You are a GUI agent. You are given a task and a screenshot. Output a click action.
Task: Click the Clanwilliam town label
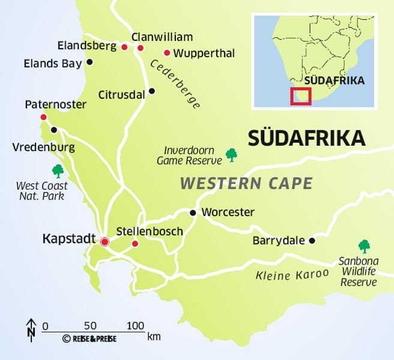point(162,37)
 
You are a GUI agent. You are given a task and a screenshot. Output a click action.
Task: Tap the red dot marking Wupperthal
point(167,53)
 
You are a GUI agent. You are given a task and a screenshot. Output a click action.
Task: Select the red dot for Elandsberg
point(124,47)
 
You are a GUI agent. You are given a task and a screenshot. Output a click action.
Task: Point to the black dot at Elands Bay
point(90,62)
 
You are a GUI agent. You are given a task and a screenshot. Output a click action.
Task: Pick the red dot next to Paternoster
point(43,117)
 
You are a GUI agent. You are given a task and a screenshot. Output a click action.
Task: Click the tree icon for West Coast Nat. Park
point(58,171)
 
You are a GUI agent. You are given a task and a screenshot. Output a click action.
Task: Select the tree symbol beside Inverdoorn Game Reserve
point(231,155)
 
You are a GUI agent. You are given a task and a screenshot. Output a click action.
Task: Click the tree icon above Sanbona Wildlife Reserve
point(364,245)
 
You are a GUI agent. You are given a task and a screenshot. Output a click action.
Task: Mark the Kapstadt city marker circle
point(105,242)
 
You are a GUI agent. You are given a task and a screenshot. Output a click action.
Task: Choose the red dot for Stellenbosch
point(135,244)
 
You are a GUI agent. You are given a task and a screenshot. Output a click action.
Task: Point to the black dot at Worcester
point(193,213)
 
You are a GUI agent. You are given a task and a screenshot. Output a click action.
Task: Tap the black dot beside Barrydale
point(312,241)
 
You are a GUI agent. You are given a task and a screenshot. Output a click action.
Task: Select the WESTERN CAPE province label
point(246,183)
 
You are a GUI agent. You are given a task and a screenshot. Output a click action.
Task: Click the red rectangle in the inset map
point(300,96)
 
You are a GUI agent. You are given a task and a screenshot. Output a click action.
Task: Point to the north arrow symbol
point(31,329)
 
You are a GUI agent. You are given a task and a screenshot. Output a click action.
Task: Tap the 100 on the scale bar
point(136,326)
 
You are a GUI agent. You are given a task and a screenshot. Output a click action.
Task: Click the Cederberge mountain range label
point(175,84)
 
